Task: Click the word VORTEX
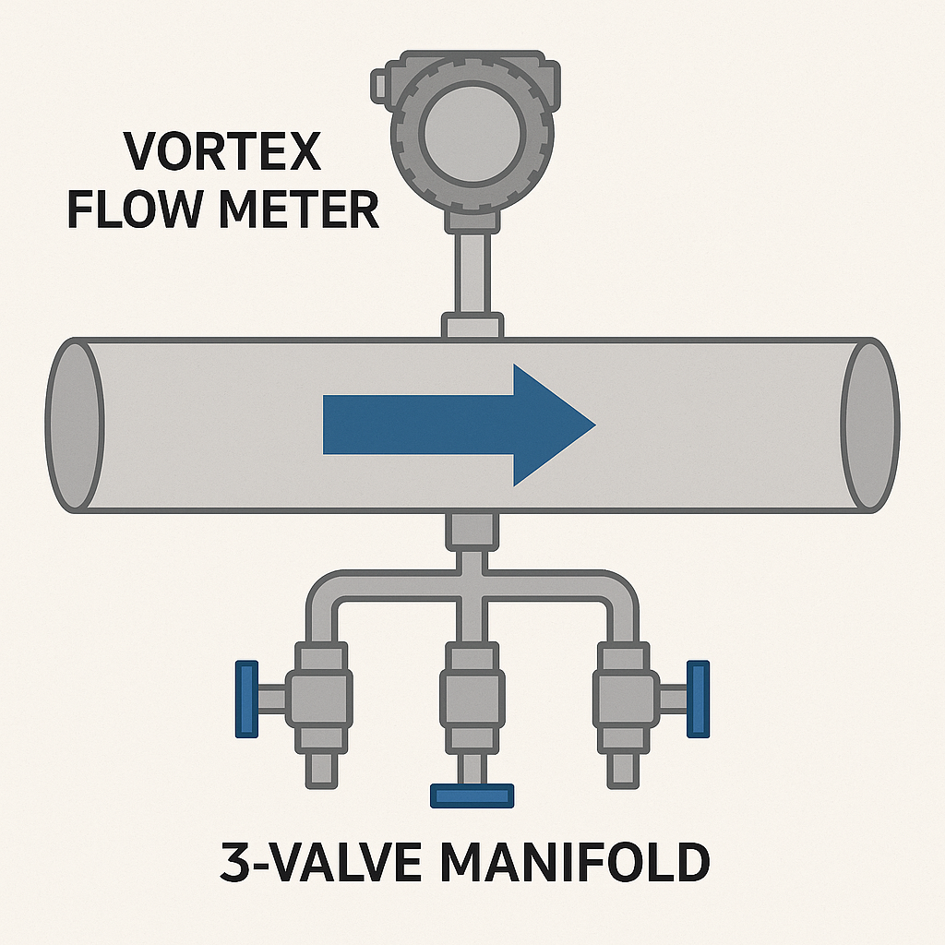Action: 222,152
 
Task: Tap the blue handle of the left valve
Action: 245,699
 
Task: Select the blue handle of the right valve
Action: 699,699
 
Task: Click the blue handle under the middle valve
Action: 472,795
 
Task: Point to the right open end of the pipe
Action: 869,425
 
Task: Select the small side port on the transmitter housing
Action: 379,85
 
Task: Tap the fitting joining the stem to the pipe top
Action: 472,326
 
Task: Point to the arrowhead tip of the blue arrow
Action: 591,425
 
